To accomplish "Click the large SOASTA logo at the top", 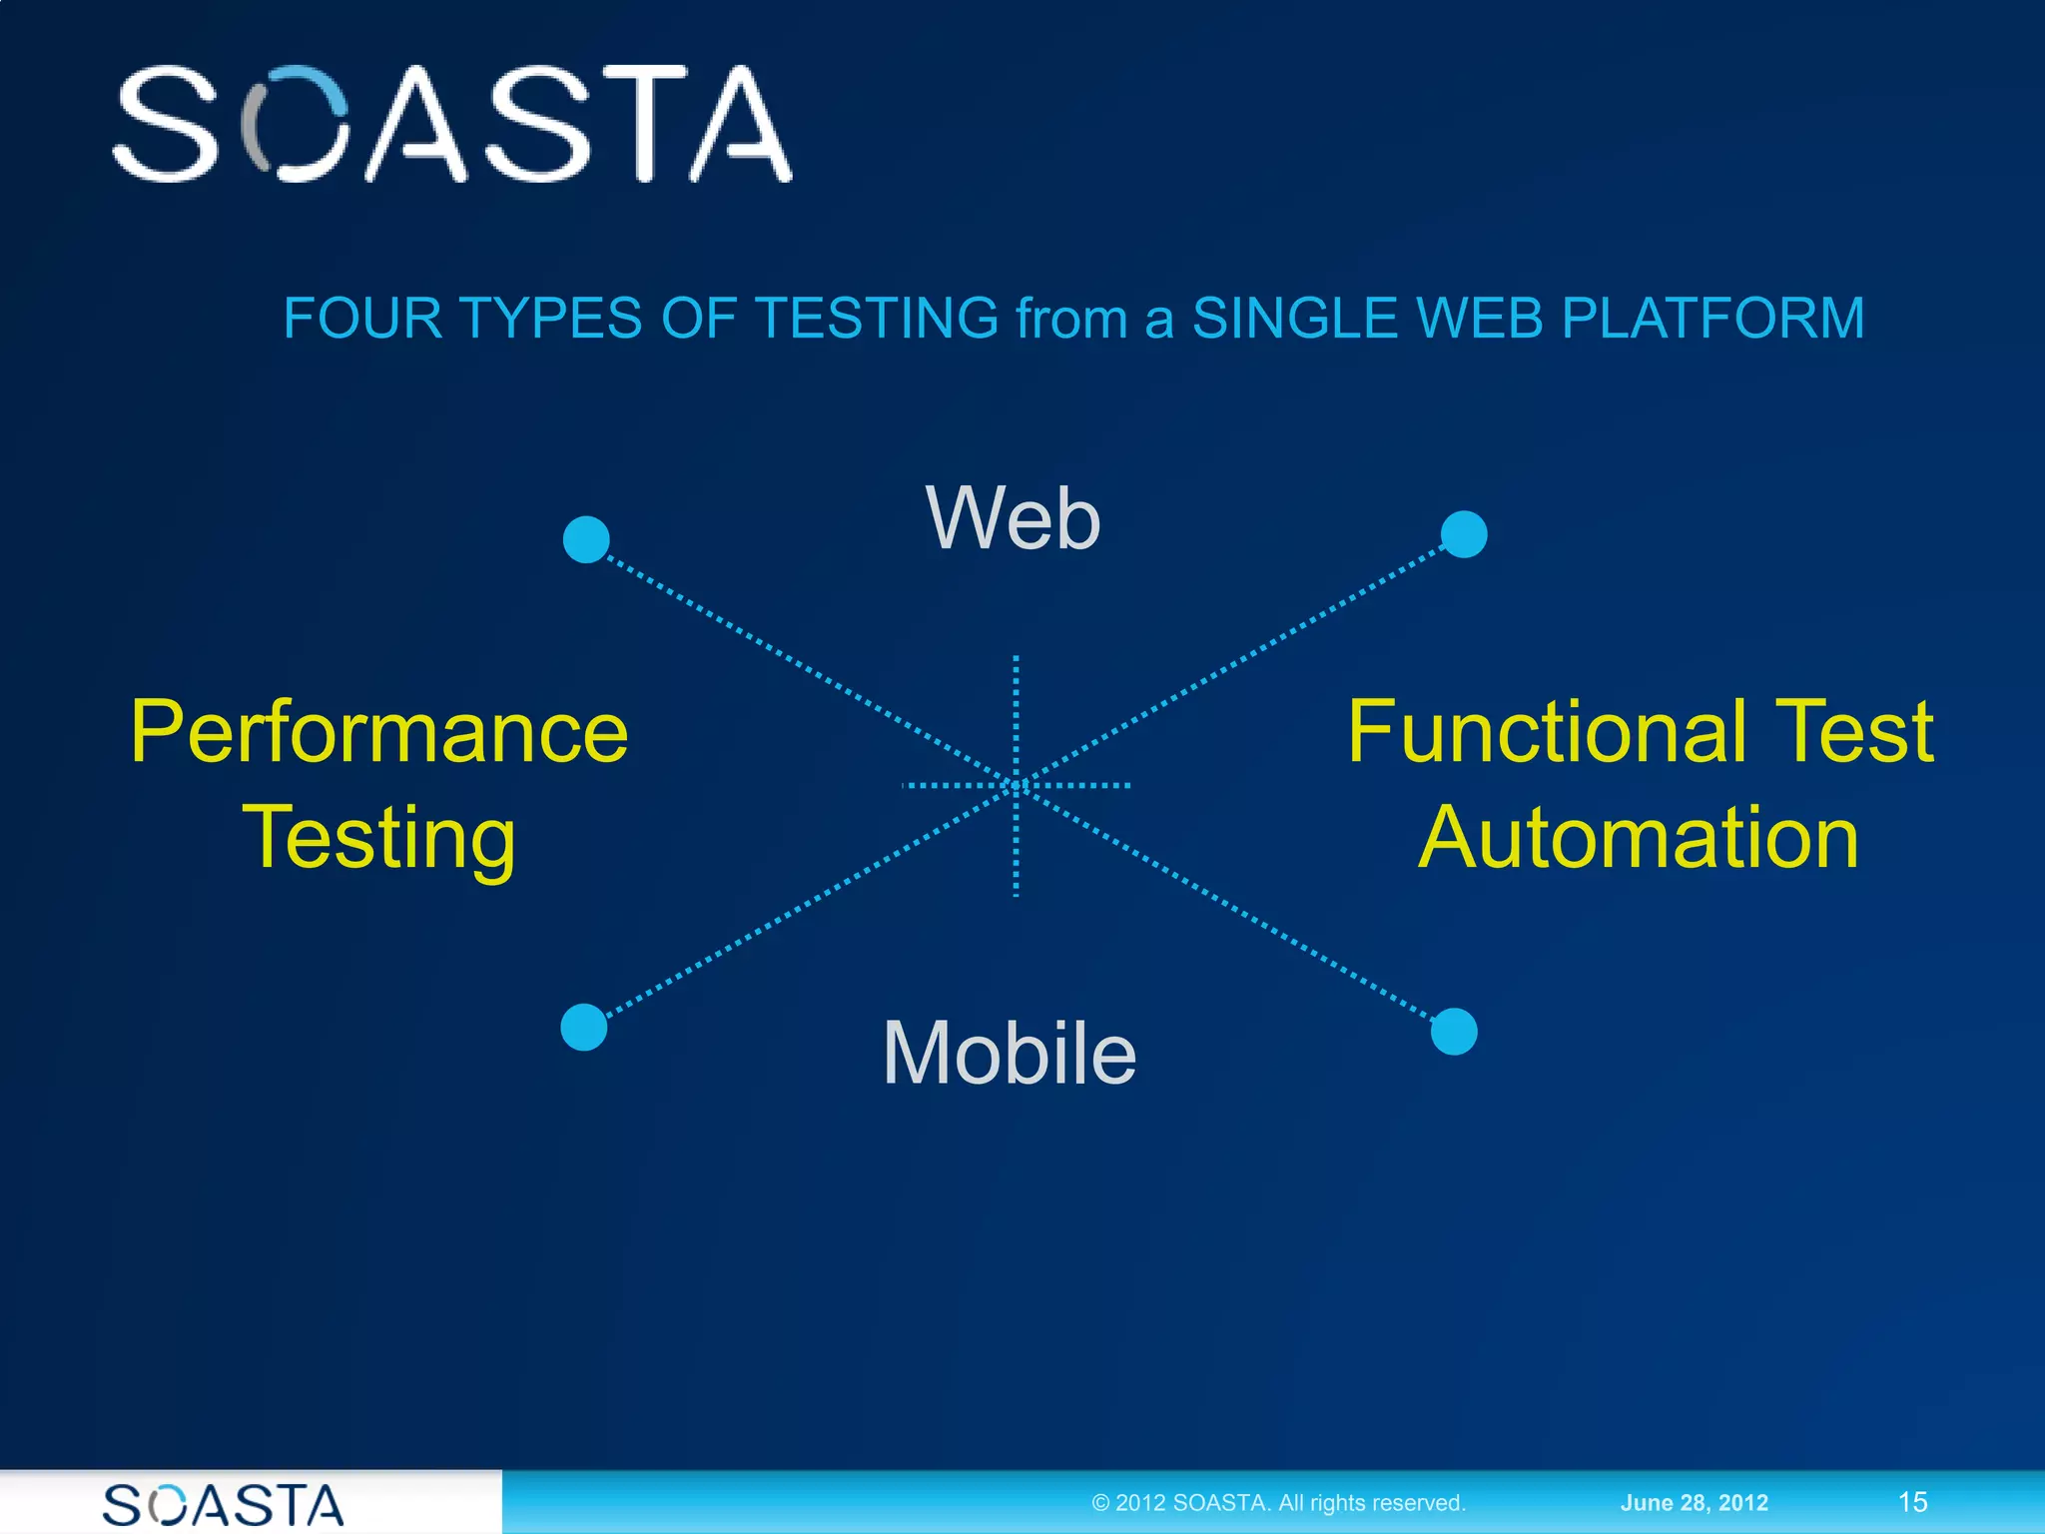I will pyautogui.click(x=451, y=124).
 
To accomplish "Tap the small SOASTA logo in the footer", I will pyautogui.click(x=224, y=1505).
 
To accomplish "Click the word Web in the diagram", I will pyautogui.click(x=1013, y=518).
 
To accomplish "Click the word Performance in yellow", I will pyautogui.click(x=379, y=733).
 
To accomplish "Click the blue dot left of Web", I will pyautogui.click(x=586, y=539).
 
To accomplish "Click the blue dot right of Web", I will pyautogui.click(x=1464, y=534).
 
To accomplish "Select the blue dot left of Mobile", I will pyautogui.click(x=584, y=1028).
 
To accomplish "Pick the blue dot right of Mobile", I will pyautogui.click(x=1454, y=1032).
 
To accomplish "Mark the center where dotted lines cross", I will pyautogui.click(x=1017, y=785).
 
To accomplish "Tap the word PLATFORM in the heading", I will pyautogui.click(x=1711, y=319).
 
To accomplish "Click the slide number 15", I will pyautogui.click(x=1912, y=1502).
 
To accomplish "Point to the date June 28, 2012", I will pyautogui.click(x=1694, y=1503).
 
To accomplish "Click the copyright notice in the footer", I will pyautogui.click(x=1278, y=1503).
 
